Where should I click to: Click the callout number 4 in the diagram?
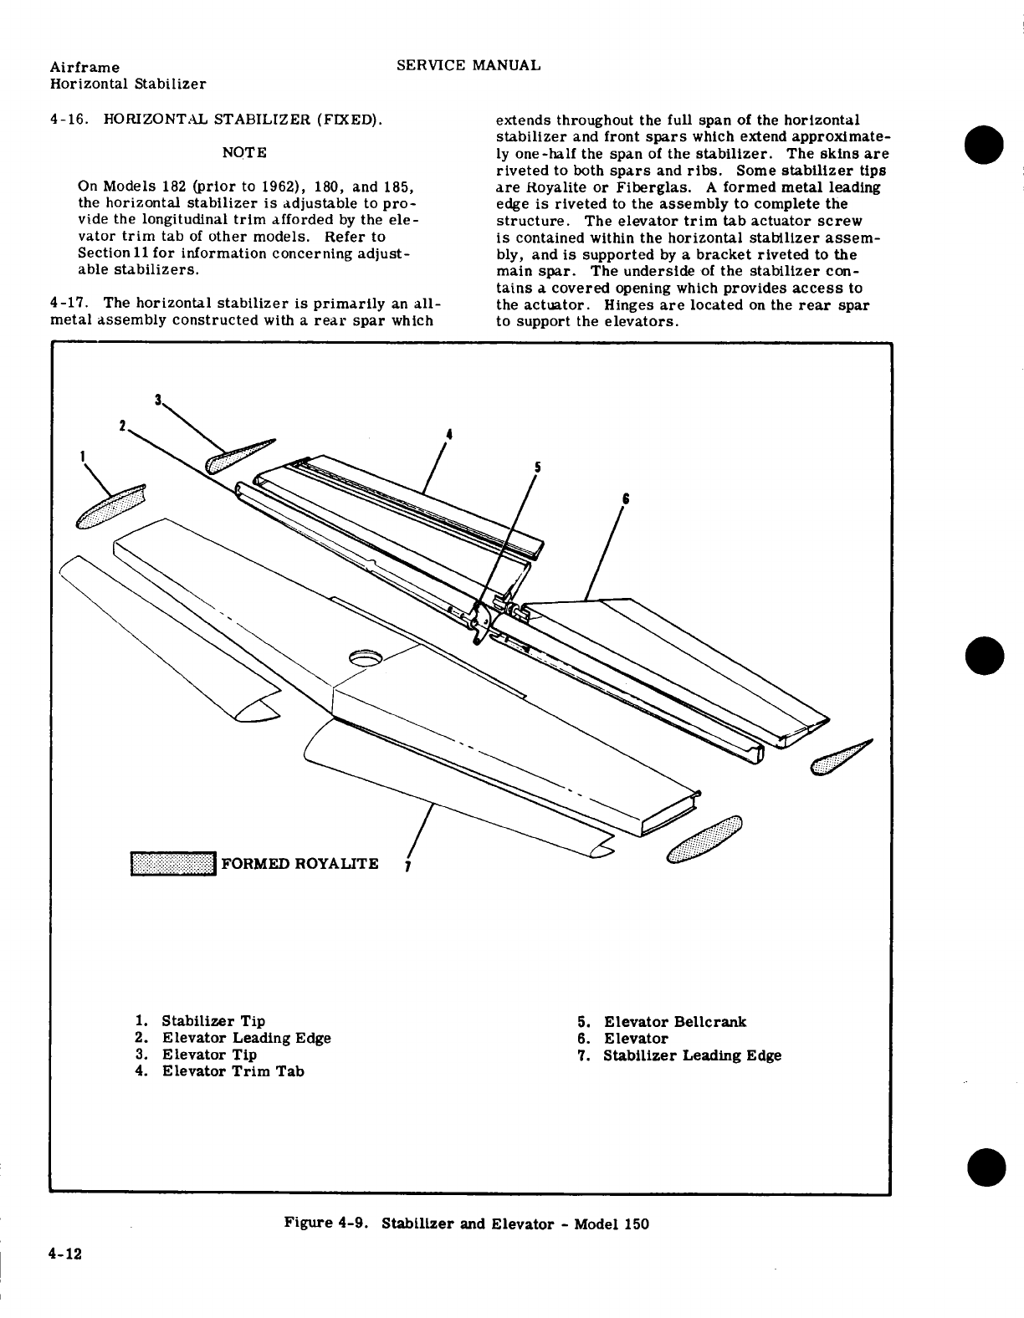[x=449, y=434]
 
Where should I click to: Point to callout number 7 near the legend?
[x=407, y=866]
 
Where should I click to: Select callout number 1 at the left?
[x=83, y=457]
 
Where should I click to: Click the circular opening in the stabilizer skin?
[x=365, y=658]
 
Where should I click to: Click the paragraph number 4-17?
[x=71, y=304]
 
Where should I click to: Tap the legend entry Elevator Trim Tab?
[x=233, y=1071]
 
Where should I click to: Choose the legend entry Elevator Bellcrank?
[x=675, y=1022]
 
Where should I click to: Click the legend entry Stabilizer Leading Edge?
[x=692, y=1055]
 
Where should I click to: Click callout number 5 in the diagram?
[x=538, y=468]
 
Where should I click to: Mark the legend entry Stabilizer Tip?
[x=213, y=1021]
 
